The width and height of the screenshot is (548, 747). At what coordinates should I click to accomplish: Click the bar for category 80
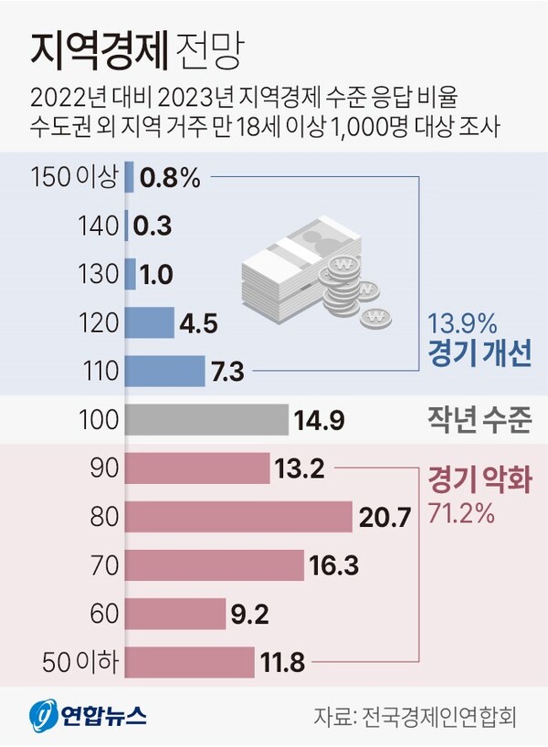tap(237, 517)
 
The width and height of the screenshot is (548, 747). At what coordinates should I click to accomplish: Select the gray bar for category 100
tap(205, 420)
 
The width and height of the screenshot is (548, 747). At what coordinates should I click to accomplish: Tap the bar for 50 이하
tap(189, 662)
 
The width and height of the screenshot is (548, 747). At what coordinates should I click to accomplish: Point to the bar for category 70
tap(214, 565)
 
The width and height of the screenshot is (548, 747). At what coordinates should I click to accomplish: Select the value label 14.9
tap(318, 421)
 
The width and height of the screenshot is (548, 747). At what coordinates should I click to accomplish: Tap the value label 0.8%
tap(170, 177)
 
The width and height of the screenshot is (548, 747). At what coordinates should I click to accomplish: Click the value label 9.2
tap(249, 615)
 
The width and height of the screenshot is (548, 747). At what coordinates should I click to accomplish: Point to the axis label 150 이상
tap(74, 177)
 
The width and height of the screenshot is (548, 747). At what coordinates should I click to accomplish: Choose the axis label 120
tap(100, 323)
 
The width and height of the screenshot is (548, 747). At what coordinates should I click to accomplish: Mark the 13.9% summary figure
tap(461, 322)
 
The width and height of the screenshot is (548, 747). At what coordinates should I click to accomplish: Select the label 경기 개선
tap(479, 353)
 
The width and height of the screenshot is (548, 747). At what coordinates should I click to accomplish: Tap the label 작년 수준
tap(479, 421)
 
